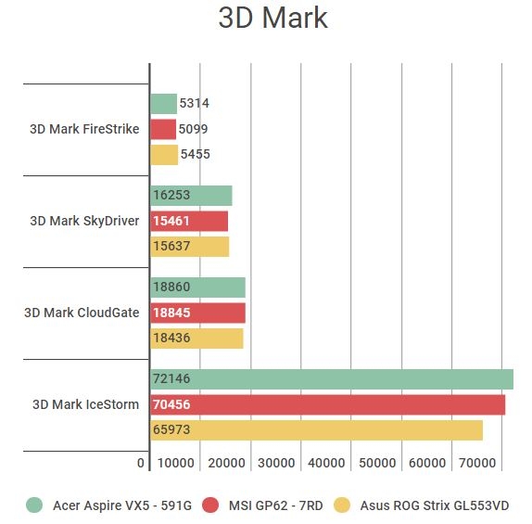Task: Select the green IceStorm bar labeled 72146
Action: tap(331, 379)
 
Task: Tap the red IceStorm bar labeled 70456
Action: tap(327, 404)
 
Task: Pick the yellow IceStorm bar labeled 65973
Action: tap(316, 430)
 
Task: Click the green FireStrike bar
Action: tap(163, 104)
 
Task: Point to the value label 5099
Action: tap(194, 129)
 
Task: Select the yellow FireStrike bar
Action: tap(164, 155)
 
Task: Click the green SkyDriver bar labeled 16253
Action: tap(191, 196)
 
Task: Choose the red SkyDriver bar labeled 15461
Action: tap(189, 221)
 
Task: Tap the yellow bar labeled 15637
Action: tap(189, 247)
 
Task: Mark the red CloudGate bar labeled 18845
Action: tap(197, 313)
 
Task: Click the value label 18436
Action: tap(173, 339)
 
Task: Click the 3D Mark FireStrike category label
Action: tap(84, 129)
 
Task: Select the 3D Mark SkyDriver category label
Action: tap(84, 221)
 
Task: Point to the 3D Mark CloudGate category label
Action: tap(82, 313)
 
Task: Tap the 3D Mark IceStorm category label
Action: tap(85, 404)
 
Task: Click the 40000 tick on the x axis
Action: tap(325, 463)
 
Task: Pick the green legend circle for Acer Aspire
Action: tap(34, 505)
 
